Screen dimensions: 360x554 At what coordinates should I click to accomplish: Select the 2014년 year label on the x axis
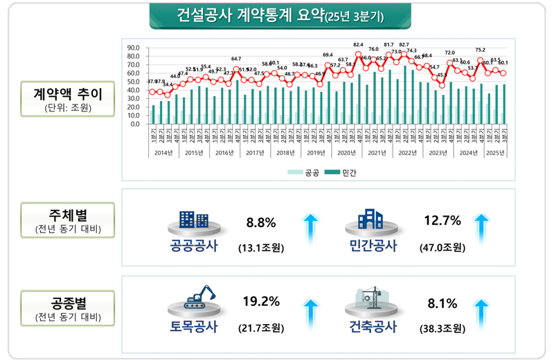point(164,152)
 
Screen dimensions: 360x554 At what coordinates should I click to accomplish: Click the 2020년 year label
point(346,152)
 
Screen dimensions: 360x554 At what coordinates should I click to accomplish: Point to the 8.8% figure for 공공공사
point(261,222)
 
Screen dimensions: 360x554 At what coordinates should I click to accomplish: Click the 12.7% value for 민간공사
point(441,221)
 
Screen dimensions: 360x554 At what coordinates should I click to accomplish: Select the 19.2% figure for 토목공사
point(261,301)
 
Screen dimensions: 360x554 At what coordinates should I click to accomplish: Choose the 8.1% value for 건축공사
point(441,301)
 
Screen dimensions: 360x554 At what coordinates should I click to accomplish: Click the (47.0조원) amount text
point(443,247)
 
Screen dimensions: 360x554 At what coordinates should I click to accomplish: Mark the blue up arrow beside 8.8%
point(311,231)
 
